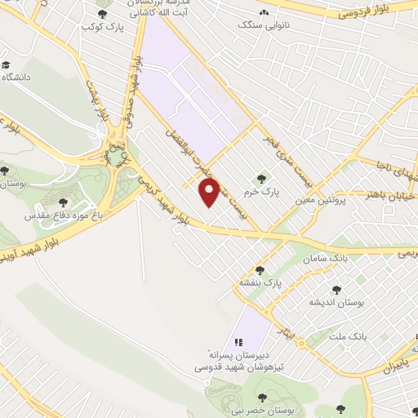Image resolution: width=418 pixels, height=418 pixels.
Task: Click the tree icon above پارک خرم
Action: pyautogui.click(x=262, y=179)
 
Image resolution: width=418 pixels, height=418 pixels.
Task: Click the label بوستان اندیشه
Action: pyautogui.click(x=335, y=302)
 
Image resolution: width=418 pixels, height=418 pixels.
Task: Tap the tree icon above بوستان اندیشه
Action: pyautogui.click(x=335, y=289)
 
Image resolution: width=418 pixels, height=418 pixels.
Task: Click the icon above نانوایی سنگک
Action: pyautogui.click(x=263, y=13)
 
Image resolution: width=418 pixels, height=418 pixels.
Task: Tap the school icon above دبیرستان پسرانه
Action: pyautogui.click(x=238, y=342)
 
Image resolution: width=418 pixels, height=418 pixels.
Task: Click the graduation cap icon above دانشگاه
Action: pyautogui.click(x=7, y=64)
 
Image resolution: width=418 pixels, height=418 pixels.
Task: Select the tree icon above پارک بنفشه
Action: pyautogui.click(x=260, y=270)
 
